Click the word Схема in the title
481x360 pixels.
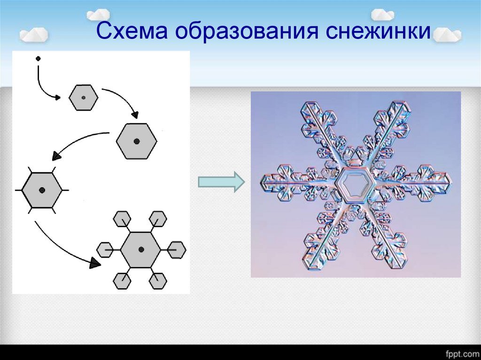pyautogui.click(x=132, y=31)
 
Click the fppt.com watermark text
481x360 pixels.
pyautogui.click(x=463, y=353)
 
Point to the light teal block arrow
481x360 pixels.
pyautogui.click(x=221, y=182)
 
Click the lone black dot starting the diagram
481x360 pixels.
pyautogui.click(x=38, y=58)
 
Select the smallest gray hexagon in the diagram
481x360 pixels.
pyautogui.click(x=84, y=98)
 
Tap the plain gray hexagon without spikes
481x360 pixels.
pyautogui.click(x=137, y=141)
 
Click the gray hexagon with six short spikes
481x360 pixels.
pyautogui.click(x=42, y=190)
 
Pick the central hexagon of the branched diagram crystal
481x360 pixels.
pyautogui.click(x=141, y=250)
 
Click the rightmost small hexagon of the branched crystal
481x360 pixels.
pyautogui.click(x=177, y=250)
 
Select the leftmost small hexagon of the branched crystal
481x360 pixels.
pyautogui.click(x=105, y=250)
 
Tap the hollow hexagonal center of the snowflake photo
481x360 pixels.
pyautogui.click(x=354, y=185)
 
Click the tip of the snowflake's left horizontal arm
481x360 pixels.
pyautogui.click(x=261, y=182)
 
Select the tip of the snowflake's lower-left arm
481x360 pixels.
pyautogui.click(x=306, y=266)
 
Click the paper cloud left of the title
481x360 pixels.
pyautogui.click(x=34, y=34)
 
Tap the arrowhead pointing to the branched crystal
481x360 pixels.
pyautogui.click(x=95, y=263)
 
